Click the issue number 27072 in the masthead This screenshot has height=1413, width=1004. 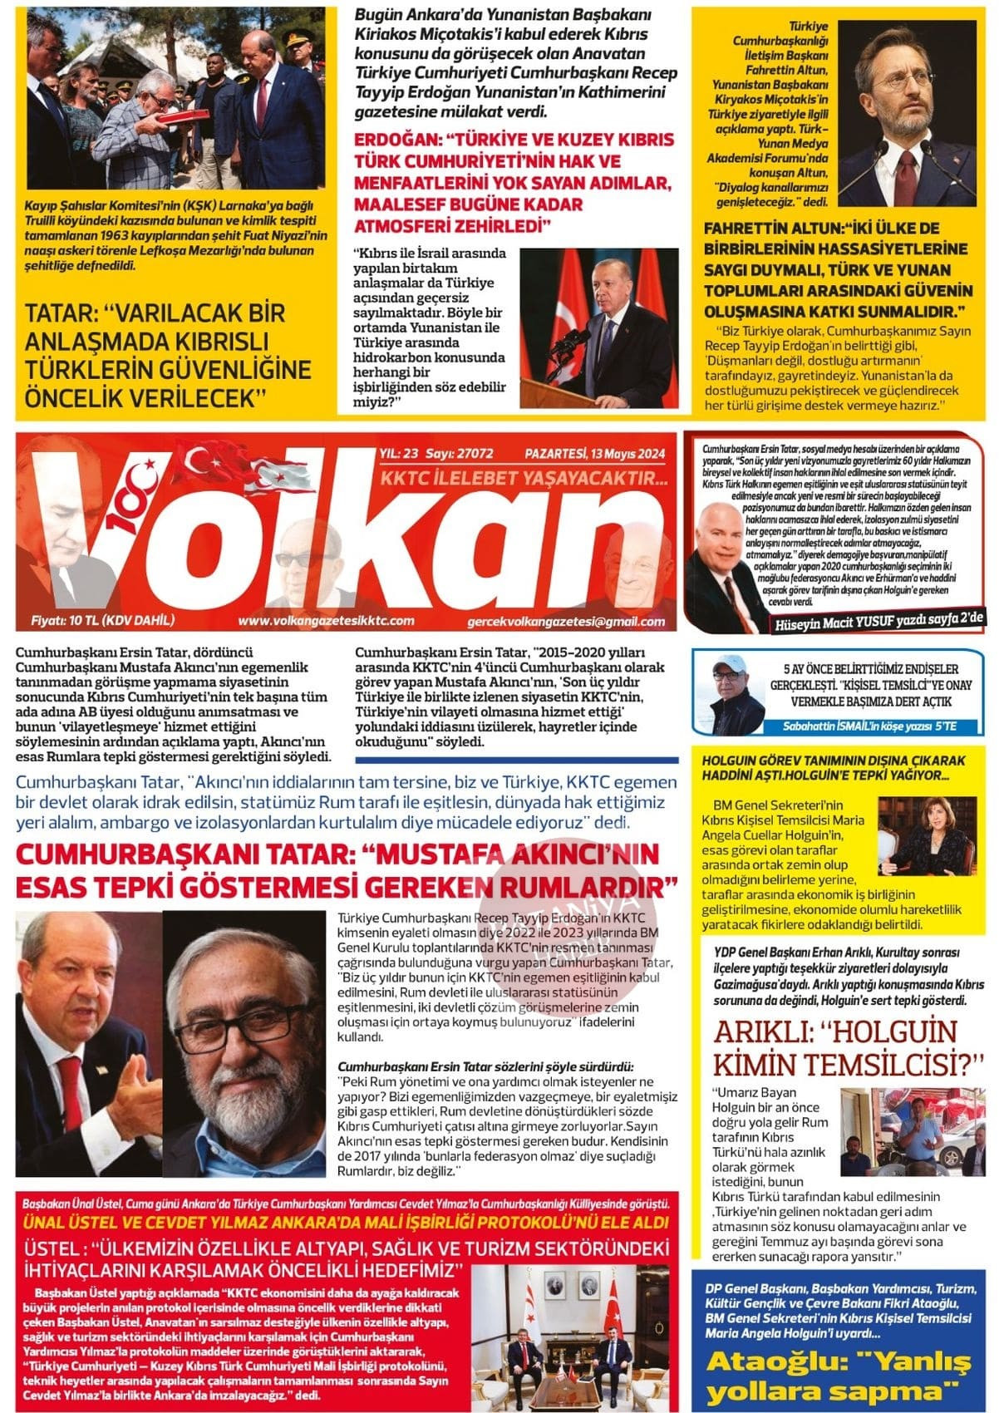472,454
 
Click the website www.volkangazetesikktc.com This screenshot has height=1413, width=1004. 325,621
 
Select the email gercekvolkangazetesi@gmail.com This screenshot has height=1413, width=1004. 566,622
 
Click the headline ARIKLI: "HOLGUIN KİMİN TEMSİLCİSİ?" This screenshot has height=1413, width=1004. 849,1049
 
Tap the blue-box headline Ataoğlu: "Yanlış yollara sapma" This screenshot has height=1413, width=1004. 838,1377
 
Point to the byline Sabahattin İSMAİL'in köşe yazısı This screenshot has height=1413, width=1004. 869,726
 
